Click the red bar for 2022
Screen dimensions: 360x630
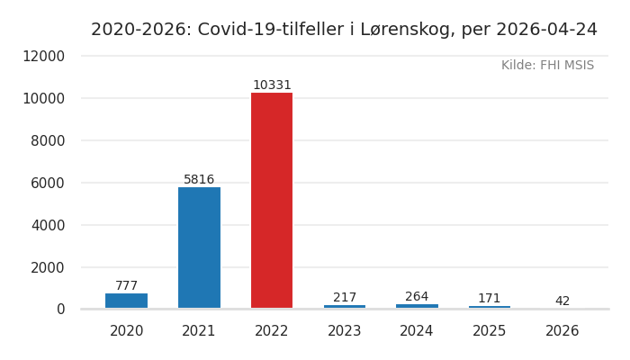click(x=272, y=200)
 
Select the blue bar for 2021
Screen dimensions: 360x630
click(x=199, y=247)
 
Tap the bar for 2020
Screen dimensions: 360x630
click(x=126, y=301)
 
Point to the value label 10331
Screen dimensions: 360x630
click(x=272, y=85)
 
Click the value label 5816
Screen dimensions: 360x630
click(x=199, y=180)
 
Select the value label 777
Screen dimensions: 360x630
click(x=126, y=286)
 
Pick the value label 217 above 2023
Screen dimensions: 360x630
click(x=345, y=298)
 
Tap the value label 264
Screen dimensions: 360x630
click(x=417, y=297)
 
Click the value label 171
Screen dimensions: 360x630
click(x=490, y=299)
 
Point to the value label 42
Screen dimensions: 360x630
click(x=562, y=301)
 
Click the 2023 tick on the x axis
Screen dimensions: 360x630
click(x=345, y=331)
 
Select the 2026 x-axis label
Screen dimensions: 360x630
click(x=562, y=331)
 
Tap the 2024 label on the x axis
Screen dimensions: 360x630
click(x=417, y=331)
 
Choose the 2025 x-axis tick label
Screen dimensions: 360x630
click(x=490, y=331)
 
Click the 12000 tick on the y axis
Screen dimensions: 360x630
click(x=43, y=56)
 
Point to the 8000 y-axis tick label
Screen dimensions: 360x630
click(x=48, y=140)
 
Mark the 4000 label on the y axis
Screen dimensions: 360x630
click(x=48, y=225)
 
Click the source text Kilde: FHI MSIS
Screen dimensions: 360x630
click(x=547, y=66)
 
